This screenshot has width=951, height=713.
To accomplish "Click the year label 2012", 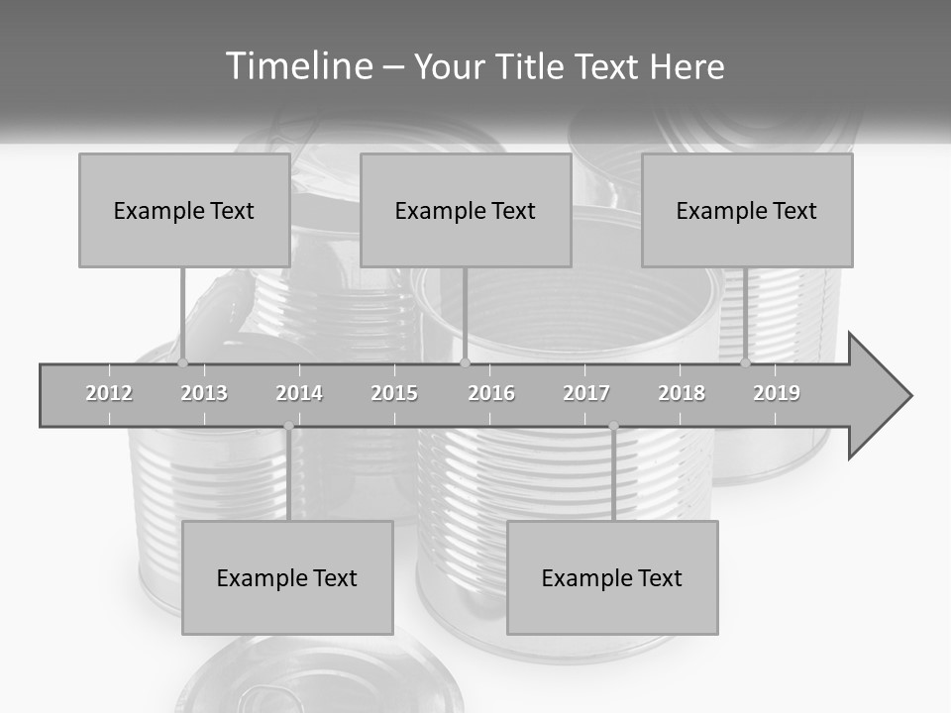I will click(109, 393).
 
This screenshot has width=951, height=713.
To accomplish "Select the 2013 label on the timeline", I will click(204, 393).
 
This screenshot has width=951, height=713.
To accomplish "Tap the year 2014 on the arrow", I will click(299, 393).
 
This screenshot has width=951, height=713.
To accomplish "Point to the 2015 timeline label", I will click(394, 393).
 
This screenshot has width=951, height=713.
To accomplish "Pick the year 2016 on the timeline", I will click(491, 393).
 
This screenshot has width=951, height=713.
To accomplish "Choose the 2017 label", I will click(586, 393).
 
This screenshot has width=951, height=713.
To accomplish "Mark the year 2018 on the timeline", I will click(682, 393).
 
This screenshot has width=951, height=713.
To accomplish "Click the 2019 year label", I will click(777, 393).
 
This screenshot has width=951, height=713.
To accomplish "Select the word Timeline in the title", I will click(298, 66).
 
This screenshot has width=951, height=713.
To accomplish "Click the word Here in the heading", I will click(687, 67).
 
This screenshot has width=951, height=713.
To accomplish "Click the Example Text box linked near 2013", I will click(184, 210).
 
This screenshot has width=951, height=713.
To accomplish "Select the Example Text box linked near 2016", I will click(466, 210).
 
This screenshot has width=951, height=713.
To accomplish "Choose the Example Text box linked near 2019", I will click(747, 210).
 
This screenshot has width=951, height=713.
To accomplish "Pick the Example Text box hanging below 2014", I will click(287, 577).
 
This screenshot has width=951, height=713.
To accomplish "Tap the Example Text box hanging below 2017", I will click(612, 577).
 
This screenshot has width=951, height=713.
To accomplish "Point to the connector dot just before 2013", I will click(183, 363).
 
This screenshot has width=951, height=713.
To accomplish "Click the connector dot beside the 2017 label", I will click(613, 426).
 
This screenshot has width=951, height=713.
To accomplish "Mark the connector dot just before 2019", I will click(746, 363).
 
